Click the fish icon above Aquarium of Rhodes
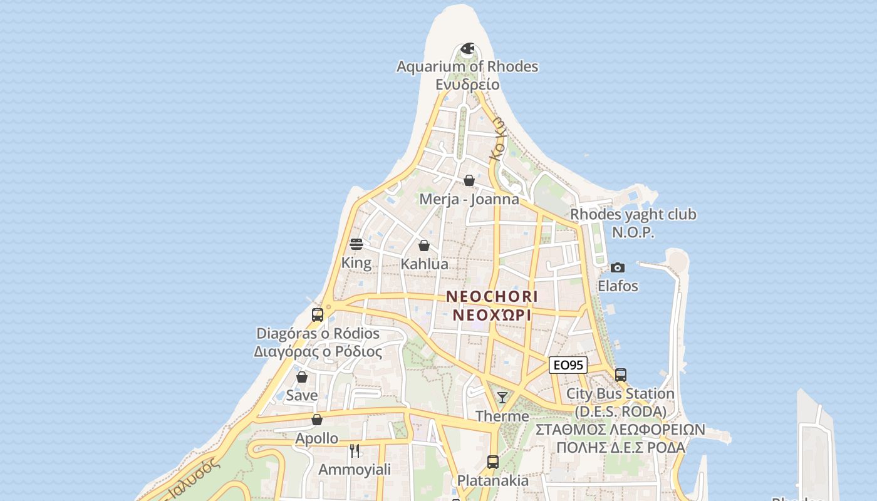(467, 48)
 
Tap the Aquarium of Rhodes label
(467, 66)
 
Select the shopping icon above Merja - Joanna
(469, 181)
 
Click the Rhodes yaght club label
(633, 215)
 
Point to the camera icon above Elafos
(618, 268)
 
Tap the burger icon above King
(356, 244)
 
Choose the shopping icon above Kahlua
(424, 245)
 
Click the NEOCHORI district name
(492, 296)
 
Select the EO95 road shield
(568, 365)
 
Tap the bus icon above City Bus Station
(621, 375)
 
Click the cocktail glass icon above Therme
(502, 398)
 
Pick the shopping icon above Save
(302, 377)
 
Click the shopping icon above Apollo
(317, 420)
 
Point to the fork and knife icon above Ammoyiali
(355, 450)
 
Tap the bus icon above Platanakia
(493, 462)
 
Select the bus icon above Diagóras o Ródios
(318, 314)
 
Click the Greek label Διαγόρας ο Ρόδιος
(318, 352)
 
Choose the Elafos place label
(618, 286)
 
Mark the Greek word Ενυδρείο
(467, 85)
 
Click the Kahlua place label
(425, 264)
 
